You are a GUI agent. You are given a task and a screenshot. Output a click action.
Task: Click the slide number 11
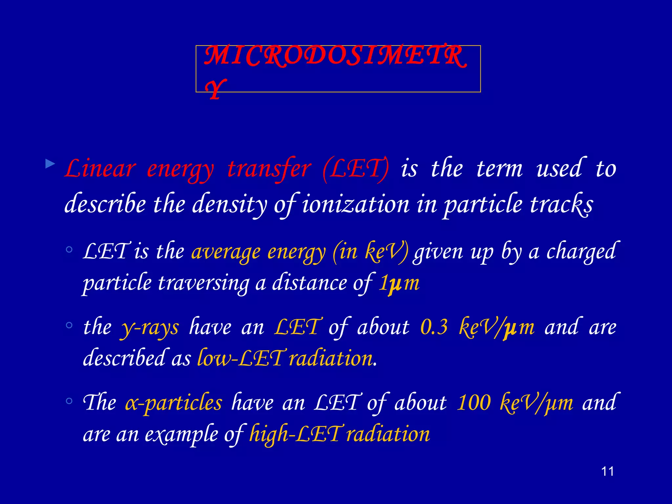607,472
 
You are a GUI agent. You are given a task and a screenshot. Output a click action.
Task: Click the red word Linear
100,169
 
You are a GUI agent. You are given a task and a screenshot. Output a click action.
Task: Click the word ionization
356,204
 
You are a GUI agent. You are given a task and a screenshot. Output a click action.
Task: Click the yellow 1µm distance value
399,283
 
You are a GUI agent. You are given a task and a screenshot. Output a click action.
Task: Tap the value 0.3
434,327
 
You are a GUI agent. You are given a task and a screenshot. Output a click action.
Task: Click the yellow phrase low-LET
240,358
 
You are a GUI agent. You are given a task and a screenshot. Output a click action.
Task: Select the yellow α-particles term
174,403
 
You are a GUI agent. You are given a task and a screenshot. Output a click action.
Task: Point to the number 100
474,403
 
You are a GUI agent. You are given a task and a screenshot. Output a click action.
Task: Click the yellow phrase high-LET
294,434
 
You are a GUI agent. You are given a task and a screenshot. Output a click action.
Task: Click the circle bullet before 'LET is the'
69,250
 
